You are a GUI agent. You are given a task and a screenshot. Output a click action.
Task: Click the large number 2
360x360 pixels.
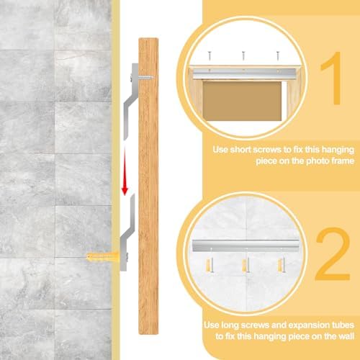(333, 254)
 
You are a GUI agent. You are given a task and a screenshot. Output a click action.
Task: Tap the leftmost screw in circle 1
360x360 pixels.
(210, 55)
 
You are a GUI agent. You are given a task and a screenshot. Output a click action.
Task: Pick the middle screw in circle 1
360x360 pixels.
(243, 55)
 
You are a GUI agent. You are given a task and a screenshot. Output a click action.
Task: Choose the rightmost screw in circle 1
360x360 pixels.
(278, 55)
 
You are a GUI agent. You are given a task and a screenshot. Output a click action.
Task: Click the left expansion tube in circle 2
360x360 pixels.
(210, 265)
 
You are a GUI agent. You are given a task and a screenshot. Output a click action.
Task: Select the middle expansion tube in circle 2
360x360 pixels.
(245, 266)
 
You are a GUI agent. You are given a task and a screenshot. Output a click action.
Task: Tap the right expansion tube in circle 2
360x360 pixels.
(281, 265)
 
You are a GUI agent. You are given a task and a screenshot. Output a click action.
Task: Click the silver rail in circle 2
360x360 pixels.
(246, 246)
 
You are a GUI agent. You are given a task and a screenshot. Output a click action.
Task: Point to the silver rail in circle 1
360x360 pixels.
(244, 73)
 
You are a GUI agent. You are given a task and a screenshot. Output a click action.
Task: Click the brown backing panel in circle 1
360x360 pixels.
(242, 101)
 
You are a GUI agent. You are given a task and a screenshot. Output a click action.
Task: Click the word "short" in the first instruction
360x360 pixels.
(240, 150)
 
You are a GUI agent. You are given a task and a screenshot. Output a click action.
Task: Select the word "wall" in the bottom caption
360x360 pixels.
(346, 336)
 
